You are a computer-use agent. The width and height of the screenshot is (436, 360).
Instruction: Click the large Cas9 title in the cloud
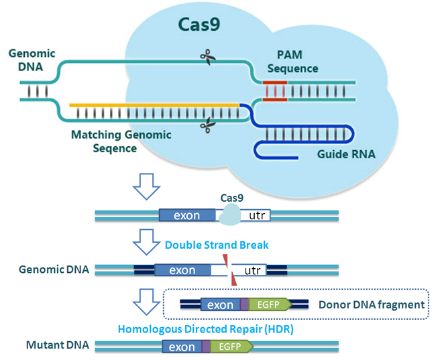(x=199, y=24)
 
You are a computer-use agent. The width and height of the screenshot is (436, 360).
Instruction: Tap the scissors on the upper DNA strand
(x=208, y=57)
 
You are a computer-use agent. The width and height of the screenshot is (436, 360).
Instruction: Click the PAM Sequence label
(x=292, y=62)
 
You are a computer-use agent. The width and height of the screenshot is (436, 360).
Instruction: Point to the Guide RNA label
(x=346, y=154)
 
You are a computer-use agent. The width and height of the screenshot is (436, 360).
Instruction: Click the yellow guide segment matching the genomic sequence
(x=154, y=105)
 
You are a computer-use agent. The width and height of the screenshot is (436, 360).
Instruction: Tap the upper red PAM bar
(x=275, y=82)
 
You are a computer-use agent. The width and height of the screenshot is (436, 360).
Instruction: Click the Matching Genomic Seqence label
(x=121, y=141)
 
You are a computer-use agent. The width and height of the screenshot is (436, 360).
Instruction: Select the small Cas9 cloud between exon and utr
(x=229, y=215)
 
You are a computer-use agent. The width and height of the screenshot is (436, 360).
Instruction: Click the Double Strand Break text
(x=217, y=245)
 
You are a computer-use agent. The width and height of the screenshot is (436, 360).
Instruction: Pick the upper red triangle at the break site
(x=226, y=261)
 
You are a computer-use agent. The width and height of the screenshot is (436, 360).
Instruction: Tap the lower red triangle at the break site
(x=234, y=279)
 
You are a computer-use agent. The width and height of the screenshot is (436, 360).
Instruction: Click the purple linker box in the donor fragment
(x=244, y=304)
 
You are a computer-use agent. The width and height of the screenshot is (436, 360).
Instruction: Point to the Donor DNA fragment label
(x=372, y=304)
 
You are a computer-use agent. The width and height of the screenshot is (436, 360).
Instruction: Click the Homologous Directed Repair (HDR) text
(x=206, y=329)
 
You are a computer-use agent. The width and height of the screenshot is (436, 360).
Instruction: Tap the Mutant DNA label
(x=58, y=345)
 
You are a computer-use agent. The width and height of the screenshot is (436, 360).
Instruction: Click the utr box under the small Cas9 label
(x=256, y=215)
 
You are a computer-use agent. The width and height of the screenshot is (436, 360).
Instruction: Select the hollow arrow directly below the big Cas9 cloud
(x=146, y=187)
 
